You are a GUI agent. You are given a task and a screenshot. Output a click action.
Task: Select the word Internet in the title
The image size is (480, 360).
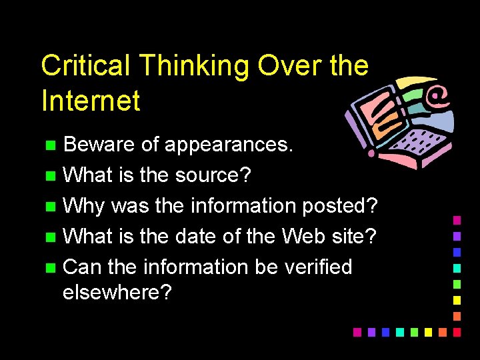click(x=91, y=101)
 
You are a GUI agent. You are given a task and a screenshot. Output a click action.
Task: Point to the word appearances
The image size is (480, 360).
click(x=228, y=145)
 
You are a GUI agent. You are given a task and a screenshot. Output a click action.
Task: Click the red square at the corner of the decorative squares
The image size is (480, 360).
click(x=457, y=331)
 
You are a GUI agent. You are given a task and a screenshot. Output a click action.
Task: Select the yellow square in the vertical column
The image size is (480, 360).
click(x=457, y=299)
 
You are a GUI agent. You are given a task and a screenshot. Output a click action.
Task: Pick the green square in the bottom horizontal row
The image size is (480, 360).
click(x=414, y=331)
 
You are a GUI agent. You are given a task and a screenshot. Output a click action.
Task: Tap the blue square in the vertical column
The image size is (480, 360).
click(x=457, y=251)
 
